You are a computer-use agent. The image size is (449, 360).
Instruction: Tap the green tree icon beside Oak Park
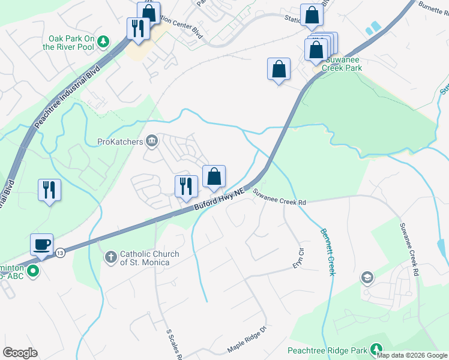104,41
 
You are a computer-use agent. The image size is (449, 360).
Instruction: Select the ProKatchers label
120,142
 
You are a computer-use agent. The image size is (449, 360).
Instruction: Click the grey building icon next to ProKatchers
151,141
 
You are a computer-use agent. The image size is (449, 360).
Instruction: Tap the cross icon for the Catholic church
110,257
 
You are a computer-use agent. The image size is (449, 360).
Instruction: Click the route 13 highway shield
60,253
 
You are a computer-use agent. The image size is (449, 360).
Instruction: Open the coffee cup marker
42,244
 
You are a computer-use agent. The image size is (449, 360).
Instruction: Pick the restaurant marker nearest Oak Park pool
138,28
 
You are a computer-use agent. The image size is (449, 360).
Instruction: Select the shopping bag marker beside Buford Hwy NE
214,176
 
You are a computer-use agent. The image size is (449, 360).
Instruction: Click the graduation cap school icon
366,277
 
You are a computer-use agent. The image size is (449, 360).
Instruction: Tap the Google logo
20,353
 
